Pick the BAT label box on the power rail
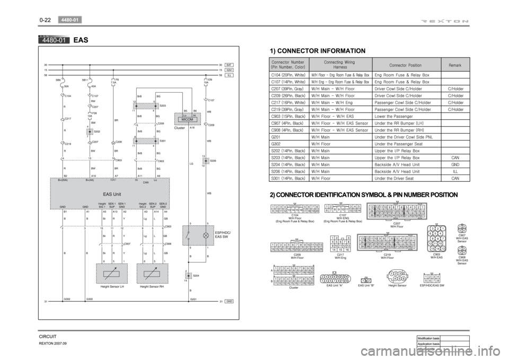(230, 64)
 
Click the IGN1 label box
(230, 70)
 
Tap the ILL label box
(230, 76)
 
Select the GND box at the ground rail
(230, 301)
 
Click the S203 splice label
(162, 106)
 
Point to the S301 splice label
(162, 141)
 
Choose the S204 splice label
(196, 276)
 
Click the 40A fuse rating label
(93, 85)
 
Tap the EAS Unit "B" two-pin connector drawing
(365, 280)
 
